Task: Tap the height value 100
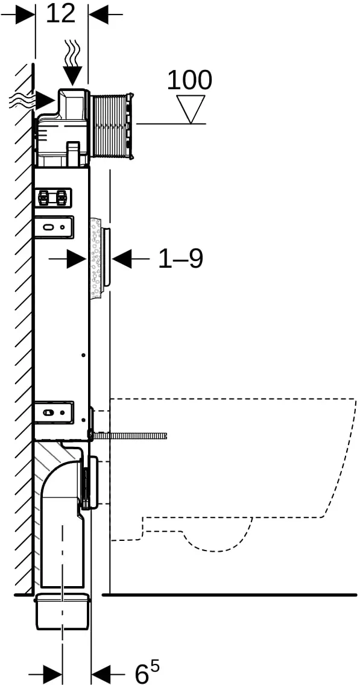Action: point(189,80)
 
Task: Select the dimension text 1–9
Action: point(180,259)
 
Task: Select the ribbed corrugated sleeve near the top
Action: point(111,124)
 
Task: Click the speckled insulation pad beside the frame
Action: point(95,259)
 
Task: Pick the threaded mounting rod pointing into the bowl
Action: point(129,435)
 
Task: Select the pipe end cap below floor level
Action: point(63,611)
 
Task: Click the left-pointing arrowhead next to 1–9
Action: point(121,259)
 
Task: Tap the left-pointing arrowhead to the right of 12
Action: point(98,15)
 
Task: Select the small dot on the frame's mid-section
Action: point(83,355)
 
